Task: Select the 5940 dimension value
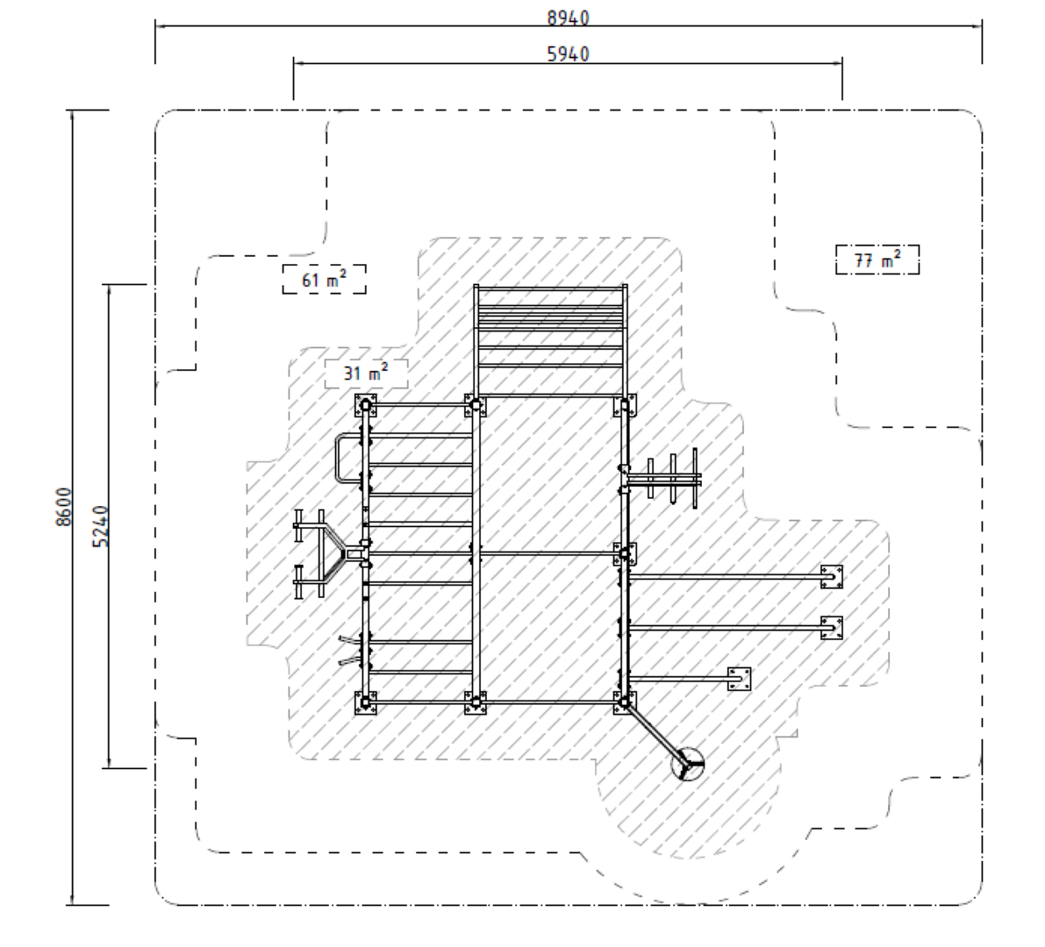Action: (568, 53)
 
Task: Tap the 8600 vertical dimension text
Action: (62, 507)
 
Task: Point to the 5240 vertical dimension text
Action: (100, 526)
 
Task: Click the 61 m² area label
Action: (324, 280)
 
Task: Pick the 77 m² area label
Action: (877, 260)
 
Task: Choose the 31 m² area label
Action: (367, 374)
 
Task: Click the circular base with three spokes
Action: (688, 765)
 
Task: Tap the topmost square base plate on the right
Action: (832, 576)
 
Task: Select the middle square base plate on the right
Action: (832, 627)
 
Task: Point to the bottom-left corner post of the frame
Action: (366, 702)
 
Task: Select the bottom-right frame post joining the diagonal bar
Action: (624, 701)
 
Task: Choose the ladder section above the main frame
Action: (550, 338)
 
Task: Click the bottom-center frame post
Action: (475, 702)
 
